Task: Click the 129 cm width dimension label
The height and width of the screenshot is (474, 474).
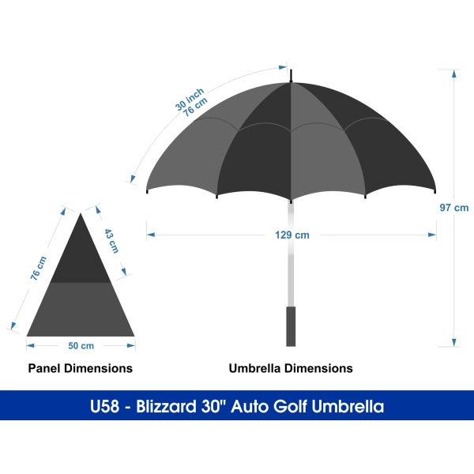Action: [x=292, y=235]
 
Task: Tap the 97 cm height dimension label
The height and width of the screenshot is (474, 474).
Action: [x=454, y=208]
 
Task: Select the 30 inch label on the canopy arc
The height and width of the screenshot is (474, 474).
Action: [x=190, y=100]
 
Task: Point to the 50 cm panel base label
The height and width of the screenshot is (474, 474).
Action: [x=81, y=345]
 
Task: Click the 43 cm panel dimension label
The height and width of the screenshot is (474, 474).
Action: [x=111, y=241]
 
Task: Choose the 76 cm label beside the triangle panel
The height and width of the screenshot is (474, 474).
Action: [x=39, y=268]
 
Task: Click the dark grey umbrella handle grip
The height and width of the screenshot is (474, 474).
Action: [x=291, y=326]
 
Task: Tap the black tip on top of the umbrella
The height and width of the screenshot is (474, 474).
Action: [x=291, y=76]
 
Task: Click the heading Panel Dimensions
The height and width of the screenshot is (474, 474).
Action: [x=81, y=368]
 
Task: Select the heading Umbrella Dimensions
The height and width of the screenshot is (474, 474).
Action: [x=291, y=368]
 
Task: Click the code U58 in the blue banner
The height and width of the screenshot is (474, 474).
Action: [x=104, y=406]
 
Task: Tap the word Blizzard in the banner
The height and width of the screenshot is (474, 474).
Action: [x=166, y=406]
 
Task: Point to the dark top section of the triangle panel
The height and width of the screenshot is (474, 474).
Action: [x=81, y=257]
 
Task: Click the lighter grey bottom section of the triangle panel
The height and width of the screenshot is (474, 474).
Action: [x=81, y=310]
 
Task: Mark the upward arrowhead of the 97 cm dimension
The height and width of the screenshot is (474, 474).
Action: [x=454, y=73]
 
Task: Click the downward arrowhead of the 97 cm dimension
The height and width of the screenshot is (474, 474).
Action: [x=454, y=343]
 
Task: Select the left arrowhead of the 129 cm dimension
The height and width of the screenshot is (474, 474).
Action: [x=151, y=235]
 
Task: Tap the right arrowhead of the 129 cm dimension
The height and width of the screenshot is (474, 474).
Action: [x=432, y=235]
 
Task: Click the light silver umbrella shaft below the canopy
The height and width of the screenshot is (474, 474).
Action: [x=291, y=254]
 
